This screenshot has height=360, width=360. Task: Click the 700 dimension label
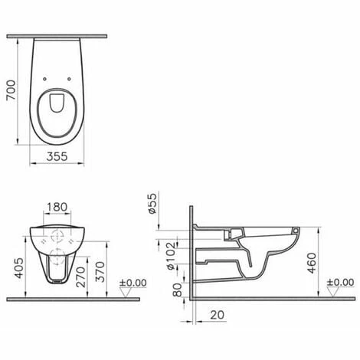pyautogui.click(x=11, y=90)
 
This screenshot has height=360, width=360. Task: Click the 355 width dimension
pyautogui.click(x=57, y=156)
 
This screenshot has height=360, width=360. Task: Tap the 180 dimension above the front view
pyautogui.click(x=57, y=207)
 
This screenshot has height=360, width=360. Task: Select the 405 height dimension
pyautogui.click(x=19, y=268)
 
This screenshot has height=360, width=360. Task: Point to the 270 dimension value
pyautogui.click(x=81, y=277)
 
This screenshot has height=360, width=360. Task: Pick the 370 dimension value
pyautogui.click(x=100, y=272)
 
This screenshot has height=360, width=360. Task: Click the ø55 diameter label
pyautogui.click(x=152, y=204)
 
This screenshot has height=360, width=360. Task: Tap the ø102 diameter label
pyautogui.click(x=171, y=256)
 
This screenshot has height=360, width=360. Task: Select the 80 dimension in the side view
pyautogui.click(x=178, y=290)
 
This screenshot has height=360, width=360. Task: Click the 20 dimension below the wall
pyautogui.click(x=218, y=315)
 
